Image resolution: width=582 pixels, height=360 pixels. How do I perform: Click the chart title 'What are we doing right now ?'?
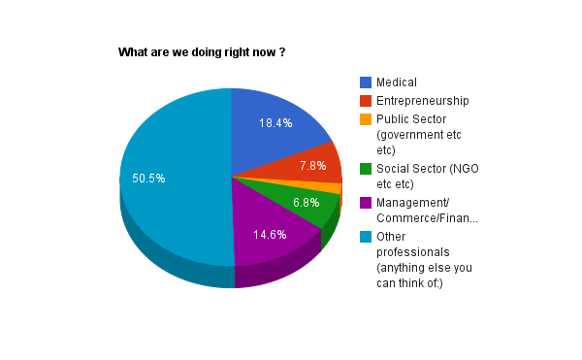(x=202, y=51)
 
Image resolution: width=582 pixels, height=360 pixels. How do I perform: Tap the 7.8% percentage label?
(x=312, y=166)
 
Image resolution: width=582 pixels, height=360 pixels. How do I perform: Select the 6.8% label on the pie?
(x=307, y=203)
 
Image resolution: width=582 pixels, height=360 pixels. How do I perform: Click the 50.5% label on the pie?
(x=148, y=179)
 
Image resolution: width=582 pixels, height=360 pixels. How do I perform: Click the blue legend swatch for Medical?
(x=366, y=82)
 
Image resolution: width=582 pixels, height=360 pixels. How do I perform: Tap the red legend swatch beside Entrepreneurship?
(x=366, y=101)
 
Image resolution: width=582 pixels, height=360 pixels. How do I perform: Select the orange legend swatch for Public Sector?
(x=366, y=119)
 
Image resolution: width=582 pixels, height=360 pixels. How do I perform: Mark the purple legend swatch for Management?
(x=366, y=203)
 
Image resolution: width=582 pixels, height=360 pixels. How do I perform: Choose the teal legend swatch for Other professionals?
(x=366, y=236)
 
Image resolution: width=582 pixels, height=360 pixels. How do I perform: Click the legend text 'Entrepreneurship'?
(x=423, y=101)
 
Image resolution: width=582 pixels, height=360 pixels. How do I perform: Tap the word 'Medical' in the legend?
(x=397, y=82)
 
